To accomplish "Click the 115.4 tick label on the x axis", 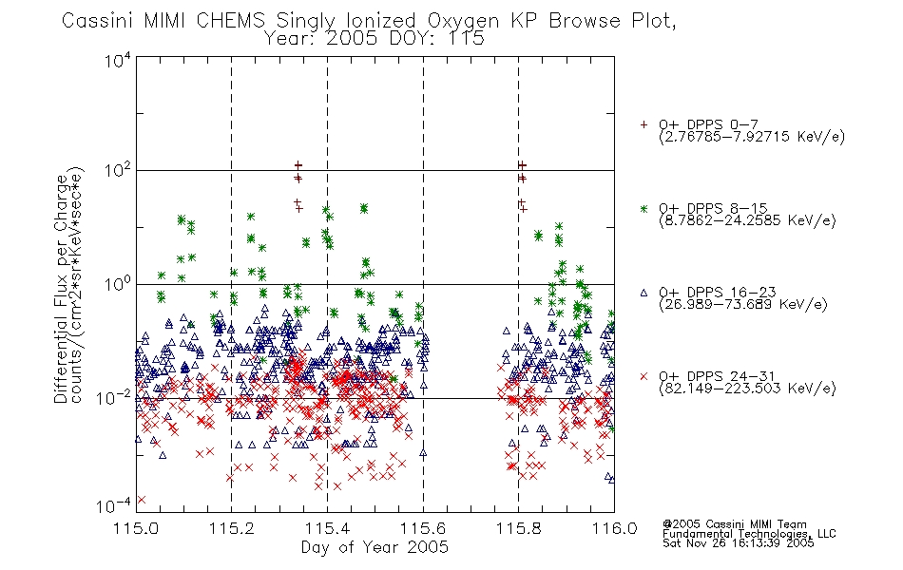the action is pyautogui.click(x=327, y=528).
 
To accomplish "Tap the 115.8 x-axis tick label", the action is pyautogui.click(x=518, y=528).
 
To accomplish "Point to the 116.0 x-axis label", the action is pyautogui.click(x=614, y=528).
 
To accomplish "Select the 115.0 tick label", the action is pyautogui.click(x=136, y=528).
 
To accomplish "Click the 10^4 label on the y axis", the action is pyautogui.click(x=118, y=60).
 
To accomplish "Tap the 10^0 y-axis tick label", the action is pyautogui.click(x=118, y=283).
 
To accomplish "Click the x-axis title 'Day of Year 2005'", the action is pyautogui.click(x=375, y=547).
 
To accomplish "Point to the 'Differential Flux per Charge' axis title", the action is pyautogui.click(x=61, y=285).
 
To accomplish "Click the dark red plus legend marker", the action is pyautogui.click(x=644, y=124).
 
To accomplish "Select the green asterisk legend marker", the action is pyautogui.click(x=644, y=208).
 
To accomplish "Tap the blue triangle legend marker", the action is pyautogui.click(x=644, y=293).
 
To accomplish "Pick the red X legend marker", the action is pyautogui.click(x=644, y=376).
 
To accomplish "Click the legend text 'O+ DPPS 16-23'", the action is pyautogui.click(x=717, y=292).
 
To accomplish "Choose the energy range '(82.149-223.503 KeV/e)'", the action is pyautogui.click(x=747, y=389).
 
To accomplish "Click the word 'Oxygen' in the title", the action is pyautogui.click(x=463, y=21).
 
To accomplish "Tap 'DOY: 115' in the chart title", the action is pyautogui.click(x=436, y=39).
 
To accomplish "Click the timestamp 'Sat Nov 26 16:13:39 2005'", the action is pyautogui.click(x=739, y=543).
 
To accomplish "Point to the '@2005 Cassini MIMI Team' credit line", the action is pyautogui.click(x=734, y=524).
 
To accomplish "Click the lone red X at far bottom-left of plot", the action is pyautogui.click(x=142, y=499).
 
